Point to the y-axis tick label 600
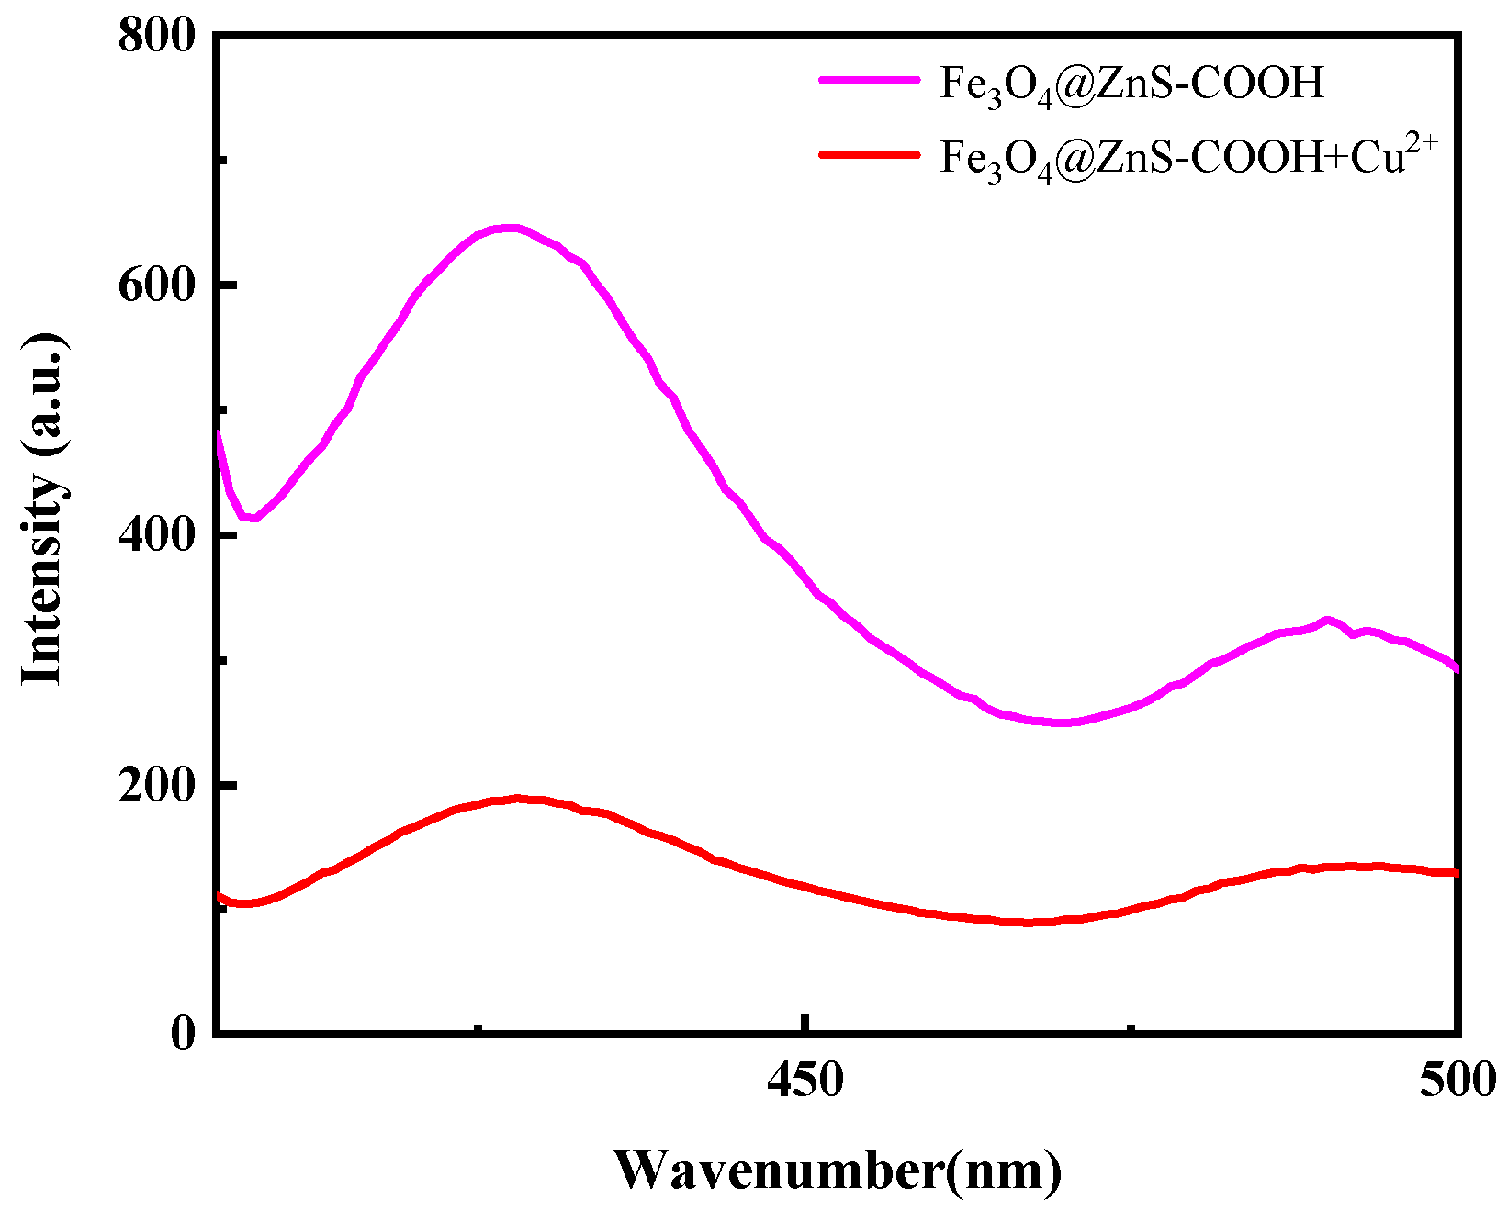(157, 286)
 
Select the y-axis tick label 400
(157, 535)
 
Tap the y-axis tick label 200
(157, 786)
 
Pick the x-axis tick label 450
(805, 1080)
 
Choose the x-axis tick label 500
(1457, 1080)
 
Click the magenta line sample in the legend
(869, 80)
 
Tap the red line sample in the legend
(869, 154)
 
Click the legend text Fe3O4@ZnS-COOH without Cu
(1131, 84)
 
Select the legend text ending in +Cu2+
(1185, 158)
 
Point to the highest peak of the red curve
(519, 799)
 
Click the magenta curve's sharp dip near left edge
(251, 519)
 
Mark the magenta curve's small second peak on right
(1325, 621)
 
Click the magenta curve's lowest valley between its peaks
(1061, 723)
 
